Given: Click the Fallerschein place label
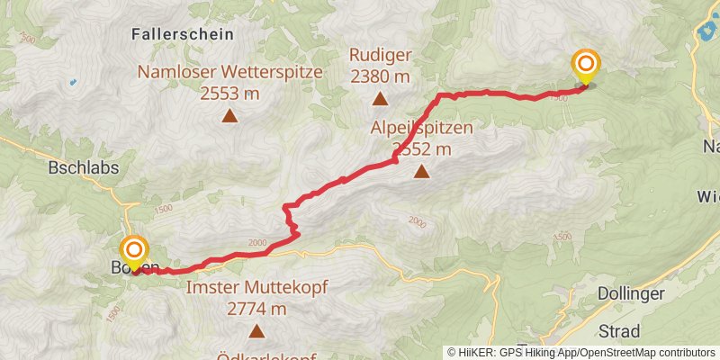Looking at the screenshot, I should click(182, 34).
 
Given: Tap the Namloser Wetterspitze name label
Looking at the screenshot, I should click(230, 73).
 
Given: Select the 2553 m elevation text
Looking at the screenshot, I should click(230, 93).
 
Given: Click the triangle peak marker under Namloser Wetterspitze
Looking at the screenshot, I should click(230, 115).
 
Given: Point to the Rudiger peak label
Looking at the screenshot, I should click(380, 55).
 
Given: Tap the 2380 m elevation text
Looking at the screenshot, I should click(380, 75).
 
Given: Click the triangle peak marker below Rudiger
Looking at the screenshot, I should click(380, 98).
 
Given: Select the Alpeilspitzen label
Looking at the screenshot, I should click(421, 128).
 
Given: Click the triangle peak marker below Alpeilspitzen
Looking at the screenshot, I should click(421, 169).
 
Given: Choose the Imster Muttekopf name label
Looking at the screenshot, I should click(256, 289).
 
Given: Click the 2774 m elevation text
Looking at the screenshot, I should click(256, 309).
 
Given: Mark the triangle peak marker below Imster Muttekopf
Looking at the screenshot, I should click(256, 331).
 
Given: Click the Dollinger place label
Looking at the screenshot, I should click(631, 294).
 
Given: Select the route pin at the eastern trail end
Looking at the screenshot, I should click(586, 66).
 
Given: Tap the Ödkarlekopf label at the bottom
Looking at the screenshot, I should click(266, 355).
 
